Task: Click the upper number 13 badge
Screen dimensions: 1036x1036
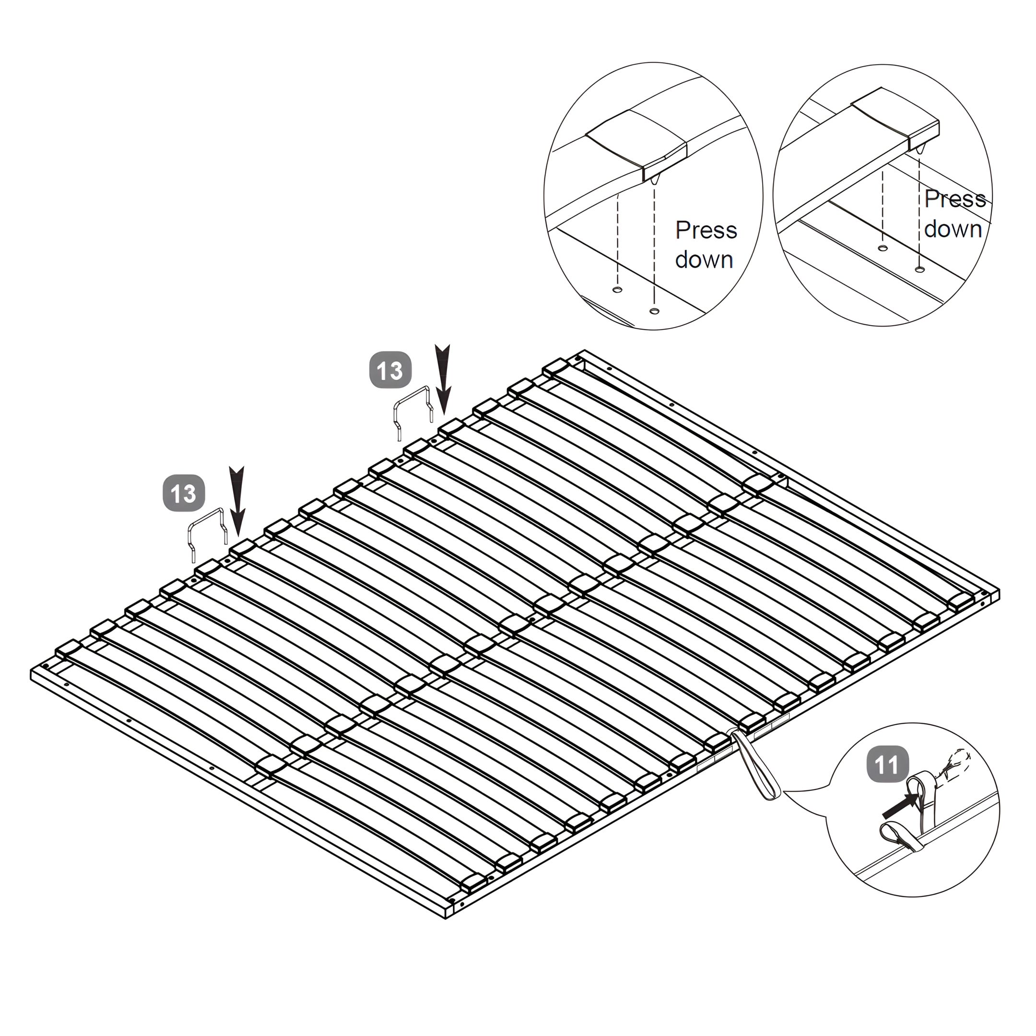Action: click(390, 370)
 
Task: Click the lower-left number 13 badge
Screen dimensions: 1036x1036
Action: click(184, 493)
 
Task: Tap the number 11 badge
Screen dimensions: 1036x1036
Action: click(887, 764)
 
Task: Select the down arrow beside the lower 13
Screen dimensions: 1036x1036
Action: click(237, 501)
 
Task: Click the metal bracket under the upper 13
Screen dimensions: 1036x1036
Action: click(413, 395)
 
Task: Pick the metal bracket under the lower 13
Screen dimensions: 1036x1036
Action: click(206, 516)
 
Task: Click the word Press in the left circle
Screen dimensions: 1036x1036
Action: click(706, 230)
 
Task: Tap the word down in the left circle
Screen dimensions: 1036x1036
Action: click(704, 259)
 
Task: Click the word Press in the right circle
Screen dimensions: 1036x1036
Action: click(954, 199)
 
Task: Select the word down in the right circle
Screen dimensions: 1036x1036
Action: click(953, 229)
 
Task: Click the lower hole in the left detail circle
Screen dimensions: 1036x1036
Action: click(653, 311)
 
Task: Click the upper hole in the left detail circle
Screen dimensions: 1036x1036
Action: click(617, 290)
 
